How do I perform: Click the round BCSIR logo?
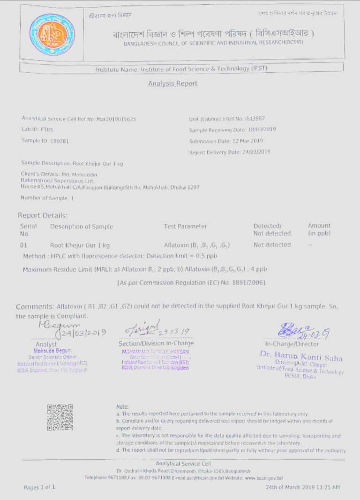pyautogui.click(x=52, y=35)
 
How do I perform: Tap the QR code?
pyautogui.click(x=60, y=417)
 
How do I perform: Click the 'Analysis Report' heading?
pyautogui.click(x=172, y=83)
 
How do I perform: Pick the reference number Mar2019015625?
pyautogui.click(x=116, y=119)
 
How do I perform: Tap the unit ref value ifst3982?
pyautogui.click(x=255, y=119)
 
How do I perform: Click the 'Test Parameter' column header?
pyautogui.click(x=185, y=227)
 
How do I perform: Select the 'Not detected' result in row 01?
pyautogui.click(x=272, y=245)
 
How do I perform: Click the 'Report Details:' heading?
pyautogui.click(x=43, y=216)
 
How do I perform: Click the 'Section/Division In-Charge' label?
pyautogui.click(x=156, y=343)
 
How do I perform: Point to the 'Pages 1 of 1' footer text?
pyautogui.click(x=39, y=487)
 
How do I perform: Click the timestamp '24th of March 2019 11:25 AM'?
pyautogui.click(x=303, y=487)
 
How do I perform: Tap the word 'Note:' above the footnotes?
pyautogui.click(x=122, y=406)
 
